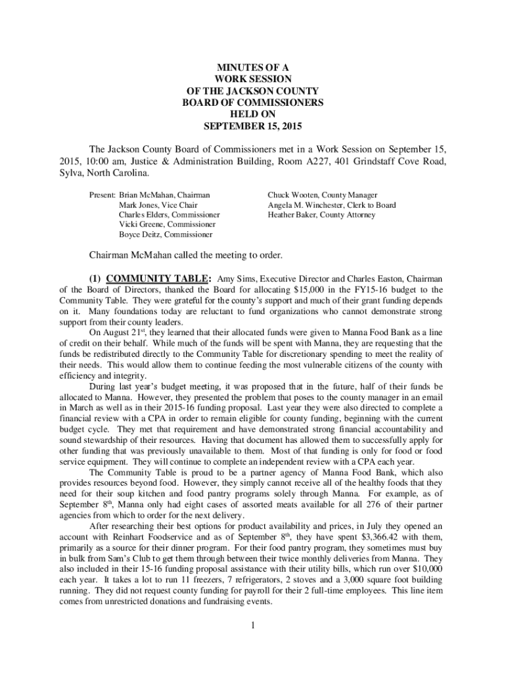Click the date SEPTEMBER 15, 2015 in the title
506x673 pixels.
253,126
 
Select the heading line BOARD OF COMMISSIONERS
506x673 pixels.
253,103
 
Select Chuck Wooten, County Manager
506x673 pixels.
322,195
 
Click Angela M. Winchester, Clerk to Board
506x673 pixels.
331,205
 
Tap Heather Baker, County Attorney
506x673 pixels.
321,215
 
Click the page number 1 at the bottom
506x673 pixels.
252,624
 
